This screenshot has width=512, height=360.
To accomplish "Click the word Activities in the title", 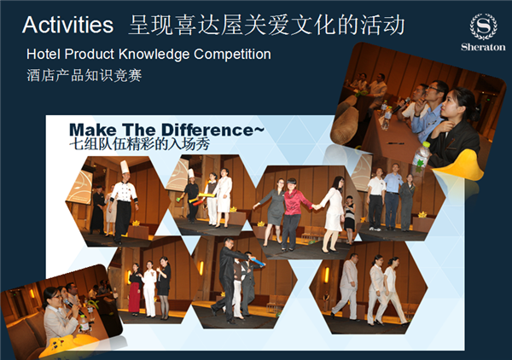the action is coord(68,25).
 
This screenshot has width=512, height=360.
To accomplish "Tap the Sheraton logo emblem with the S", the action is coord(483,26).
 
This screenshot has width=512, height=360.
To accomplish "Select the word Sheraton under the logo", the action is coord(483,47).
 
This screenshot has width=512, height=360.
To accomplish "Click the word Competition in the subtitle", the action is coord(232,55).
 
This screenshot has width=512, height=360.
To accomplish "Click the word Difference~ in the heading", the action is coord(212,130).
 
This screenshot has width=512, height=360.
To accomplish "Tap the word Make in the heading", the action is coord(93,130).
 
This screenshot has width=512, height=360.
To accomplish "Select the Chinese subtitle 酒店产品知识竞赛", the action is coord(84,75).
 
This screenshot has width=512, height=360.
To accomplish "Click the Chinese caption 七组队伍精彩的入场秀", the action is coord(139,144).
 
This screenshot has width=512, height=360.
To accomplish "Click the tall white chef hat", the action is coord(125,167).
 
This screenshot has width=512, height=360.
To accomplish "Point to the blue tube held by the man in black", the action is coord(258,261).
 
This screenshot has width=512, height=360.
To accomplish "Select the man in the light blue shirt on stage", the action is coord(393,197).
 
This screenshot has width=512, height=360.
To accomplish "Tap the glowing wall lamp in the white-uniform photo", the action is coord(327,275).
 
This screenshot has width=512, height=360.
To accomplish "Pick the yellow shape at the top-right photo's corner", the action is coord(461,166).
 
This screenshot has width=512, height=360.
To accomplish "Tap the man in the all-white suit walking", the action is coord(347,287).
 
